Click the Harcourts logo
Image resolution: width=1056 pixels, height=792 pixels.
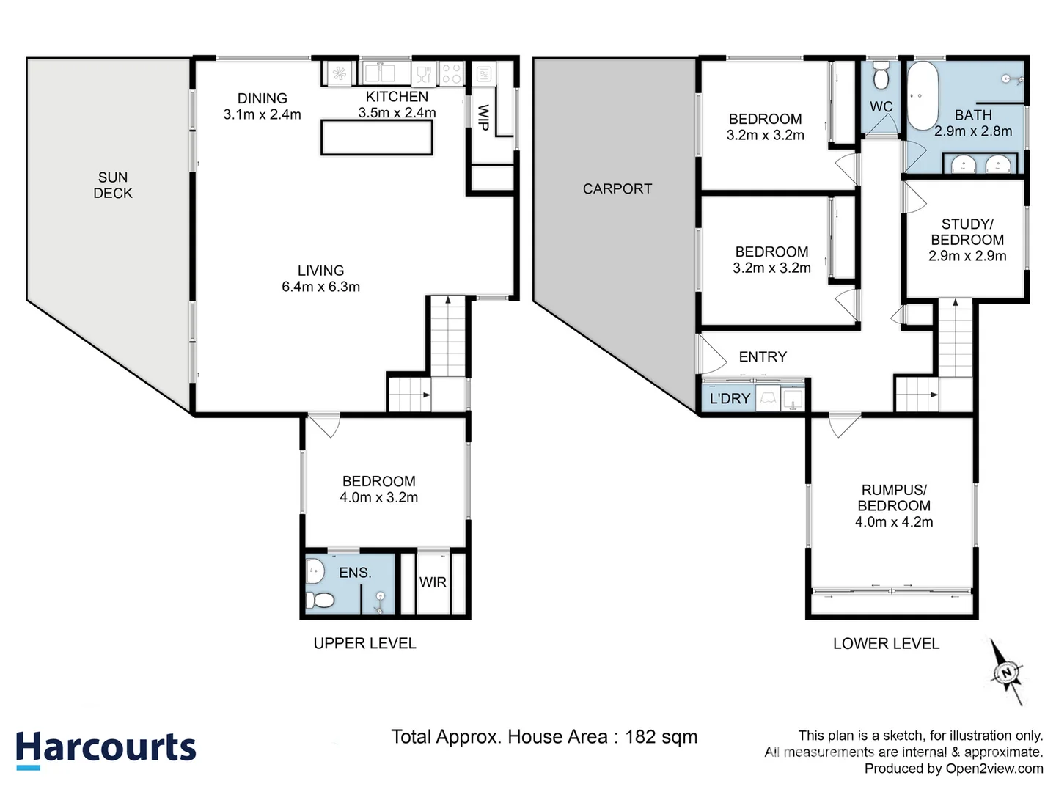point(106,749)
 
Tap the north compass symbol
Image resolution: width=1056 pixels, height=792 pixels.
point(1006,672)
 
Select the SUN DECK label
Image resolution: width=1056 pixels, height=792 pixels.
point(113,186)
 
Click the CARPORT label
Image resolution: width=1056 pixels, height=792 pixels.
point(617,188)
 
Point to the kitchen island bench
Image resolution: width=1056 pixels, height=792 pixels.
point(376,137)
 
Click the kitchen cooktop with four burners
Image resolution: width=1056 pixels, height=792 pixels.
point(451,73)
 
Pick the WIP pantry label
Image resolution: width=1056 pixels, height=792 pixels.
point(483,117)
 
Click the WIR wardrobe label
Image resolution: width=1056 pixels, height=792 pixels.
point(433,582)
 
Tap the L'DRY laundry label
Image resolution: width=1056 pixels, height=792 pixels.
point(730,398)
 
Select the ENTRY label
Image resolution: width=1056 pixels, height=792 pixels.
point(763,357)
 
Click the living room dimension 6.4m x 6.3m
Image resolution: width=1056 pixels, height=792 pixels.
point(320,287)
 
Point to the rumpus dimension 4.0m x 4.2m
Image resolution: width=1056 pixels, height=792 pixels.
point(893,522)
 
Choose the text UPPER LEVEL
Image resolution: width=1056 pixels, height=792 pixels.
point(364,643)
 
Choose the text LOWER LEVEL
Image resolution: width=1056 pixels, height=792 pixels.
point(885,644)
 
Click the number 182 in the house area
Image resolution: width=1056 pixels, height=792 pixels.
point(642,737)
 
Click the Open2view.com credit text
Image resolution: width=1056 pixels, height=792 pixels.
point(994,769)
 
